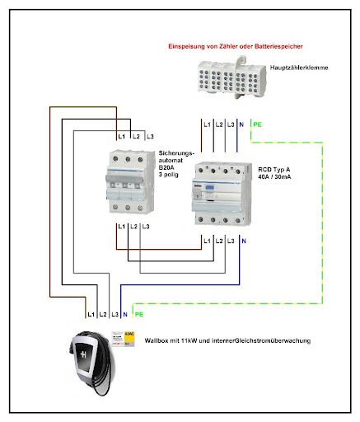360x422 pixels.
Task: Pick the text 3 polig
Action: [x=171, y=175]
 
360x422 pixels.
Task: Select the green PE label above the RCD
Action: [x=256, y=124]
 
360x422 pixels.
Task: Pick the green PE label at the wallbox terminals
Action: [x=138, y=314]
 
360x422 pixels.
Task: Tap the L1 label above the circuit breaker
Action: [x=121, y=135]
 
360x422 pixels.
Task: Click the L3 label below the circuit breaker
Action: [x=145, y=226]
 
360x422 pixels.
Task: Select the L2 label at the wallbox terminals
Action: [x=103, y=314]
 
